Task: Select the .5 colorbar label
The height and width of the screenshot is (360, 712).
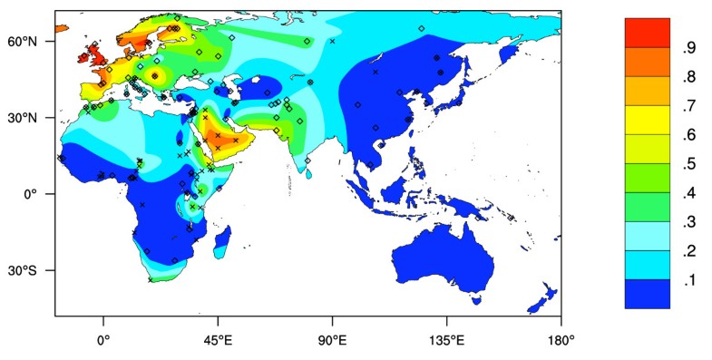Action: coord(689,165)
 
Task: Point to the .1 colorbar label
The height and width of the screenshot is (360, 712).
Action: coord(689,281)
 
